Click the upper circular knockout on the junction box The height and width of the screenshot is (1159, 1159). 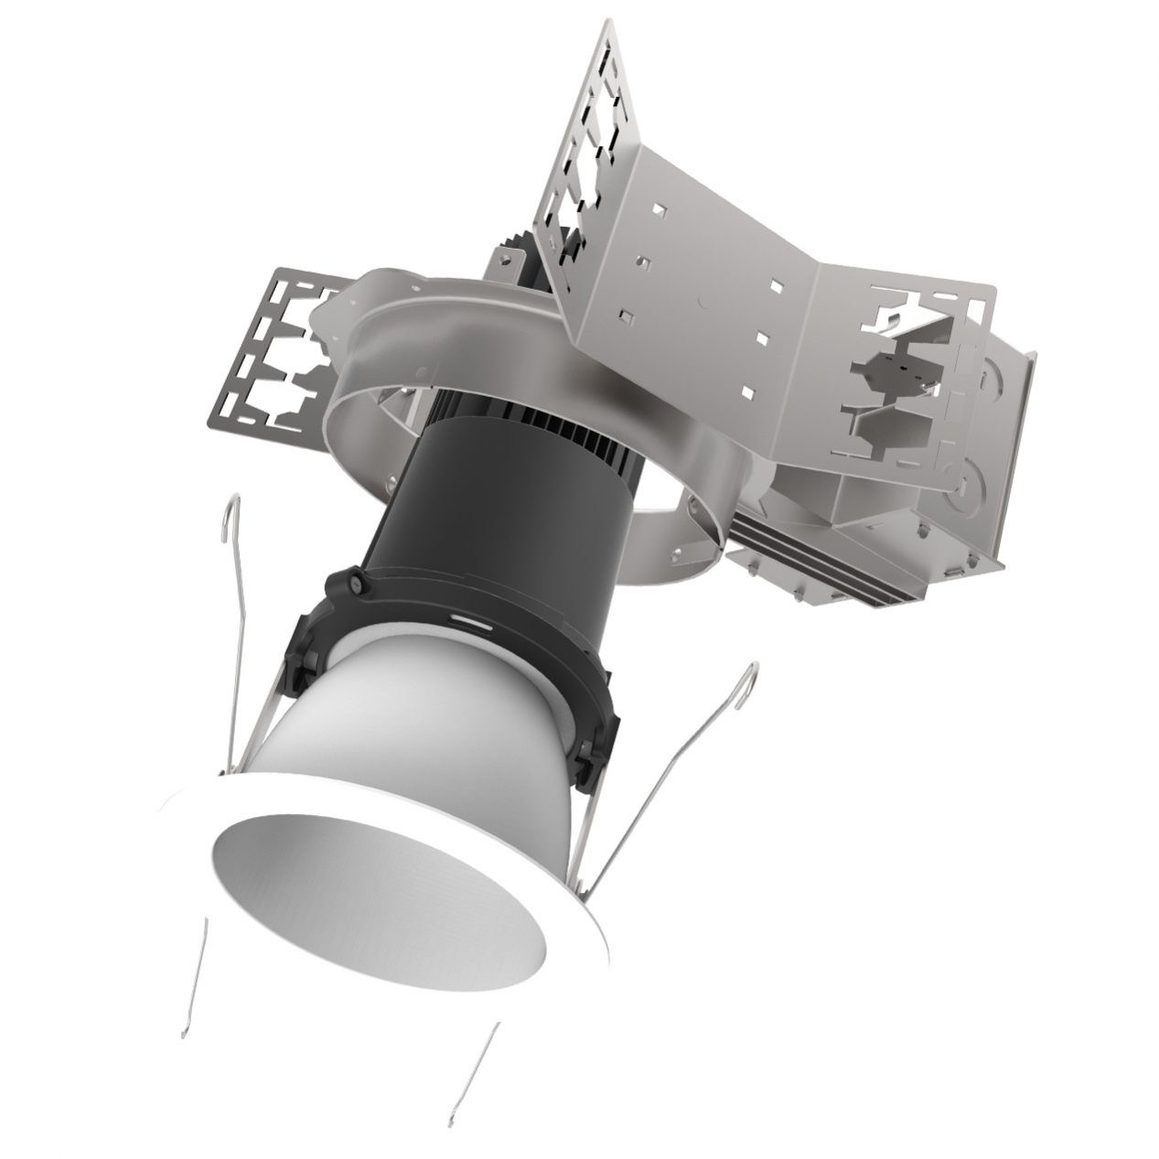[993, 375]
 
